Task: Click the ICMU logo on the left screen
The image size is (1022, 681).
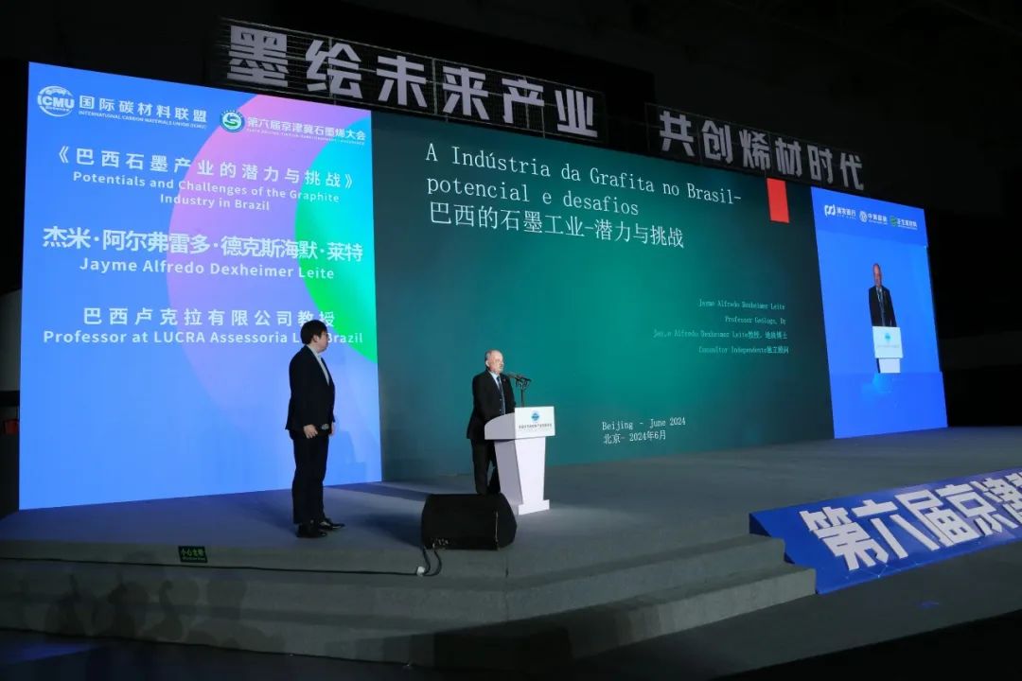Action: pyautogui.click(x=55, y=100)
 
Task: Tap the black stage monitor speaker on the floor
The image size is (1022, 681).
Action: pyautogui.click(x=467, y=520)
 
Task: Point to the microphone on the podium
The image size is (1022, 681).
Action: pyautogui.click(x=519, y=378)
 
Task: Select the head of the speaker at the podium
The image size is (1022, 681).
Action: pyautogui.click(x=494, y=361)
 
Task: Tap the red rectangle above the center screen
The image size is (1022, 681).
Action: pyautogui.click(x=778, y=201)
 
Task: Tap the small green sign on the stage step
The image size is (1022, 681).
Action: pyautogui.click(x=193, y=554)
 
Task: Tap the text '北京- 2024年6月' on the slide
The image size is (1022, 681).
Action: pyautogui.click(x=633, y=436)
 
